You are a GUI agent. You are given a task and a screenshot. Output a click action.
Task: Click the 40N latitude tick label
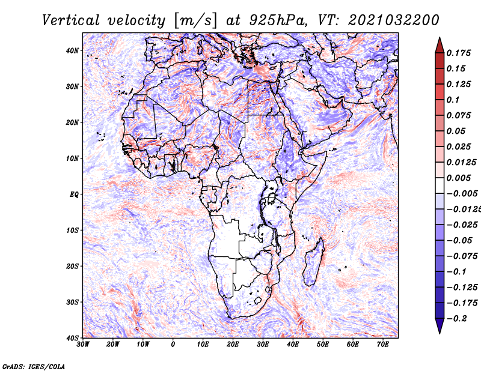[x=72, y=50]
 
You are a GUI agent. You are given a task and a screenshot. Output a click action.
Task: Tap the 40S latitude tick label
[x=72, y=337]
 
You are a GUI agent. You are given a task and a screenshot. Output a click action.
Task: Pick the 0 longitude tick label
[x=173, y=345]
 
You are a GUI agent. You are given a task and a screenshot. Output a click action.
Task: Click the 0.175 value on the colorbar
[x=458, y=53]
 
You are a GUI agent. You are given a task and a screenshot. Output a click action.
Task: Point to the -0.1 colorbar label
[x=458, y=271]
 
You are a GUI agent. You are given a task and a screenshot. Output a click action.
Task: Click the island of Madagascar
[x=313, y=262]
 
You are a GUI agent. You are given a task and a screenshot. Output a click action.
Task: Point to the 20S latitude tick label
[x=72, y=266]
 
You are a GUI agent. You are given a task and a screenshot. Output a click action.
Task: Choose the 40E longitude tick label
[x=293, y=345]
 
